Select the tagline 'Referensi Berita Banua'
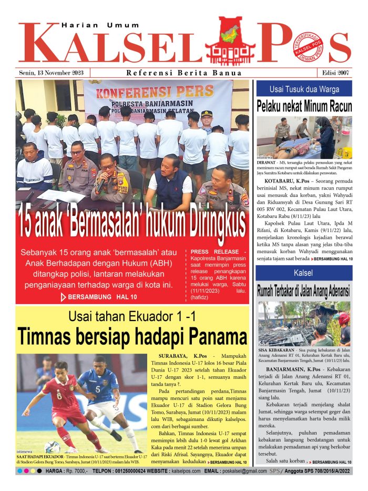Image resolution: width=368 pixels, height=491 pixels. click(x=184, y=73)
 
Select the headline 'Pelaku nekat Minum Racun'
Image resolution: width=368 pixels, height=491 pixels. click(x=304, y=106)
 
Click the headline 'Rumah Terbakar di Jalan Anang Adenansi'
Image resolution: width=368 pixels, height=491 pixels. click(x=304, y=291)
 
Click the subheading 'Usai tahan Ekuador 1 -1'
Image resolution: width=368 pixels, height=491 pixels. click(x=131, y=316)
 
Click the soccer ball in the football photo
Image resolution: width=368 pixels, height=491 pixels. click(x=52, y=447)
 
